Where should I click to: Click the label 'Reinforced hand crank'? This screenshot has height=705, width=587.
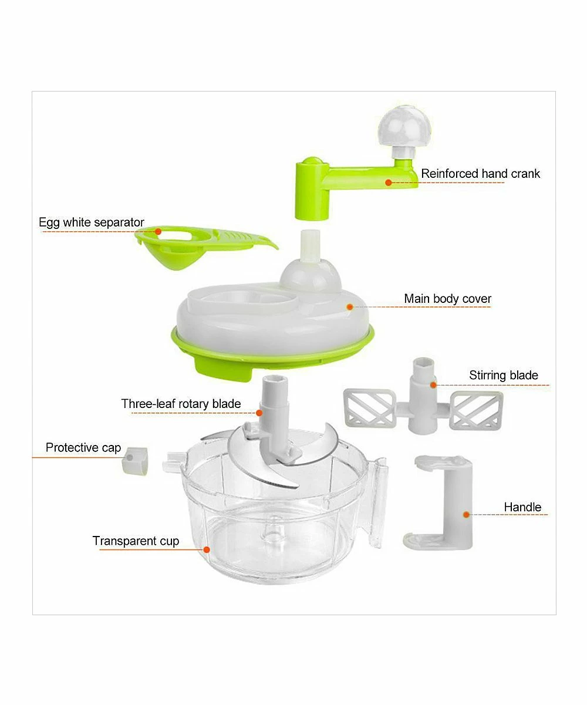click(x=480, y=174)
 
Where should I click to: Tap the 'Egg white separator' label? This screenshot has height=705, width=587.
click(x=91, y=222)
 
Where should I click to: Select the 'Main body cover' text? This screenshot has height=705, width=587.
click(x=447, y=299)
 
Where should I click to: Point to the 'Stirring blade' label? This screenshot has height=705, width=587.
click(x=503, y=376)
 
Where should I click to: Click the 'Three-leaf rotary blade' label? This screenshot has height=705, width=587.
click(x=181, y=404)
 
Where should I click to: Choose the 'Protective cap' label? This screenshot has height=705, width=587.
click(x=83, y=448)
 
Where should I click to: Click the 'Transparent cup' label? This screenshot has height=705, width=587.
click(x=136, y=541)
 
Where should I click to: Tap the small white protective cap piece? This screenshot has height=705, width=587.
click(x=135, y=461)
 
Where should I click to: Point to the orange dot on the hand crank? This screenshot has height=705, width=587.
click(x=389, y=183)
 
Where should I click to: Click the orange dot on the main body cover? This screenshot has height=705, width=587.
click(x=350, y=307)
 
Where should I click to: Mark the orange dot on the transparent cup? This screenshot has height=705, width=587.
click(x=207, y=549)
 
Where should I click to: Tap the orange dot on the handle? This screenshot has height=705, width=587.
click(x=467, y=515)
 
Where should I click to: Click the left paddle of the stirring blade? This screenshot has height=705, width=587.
click(x=369, y=409)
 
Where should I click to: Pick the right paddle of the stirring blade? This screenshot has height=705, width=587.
click(x=476, y=410)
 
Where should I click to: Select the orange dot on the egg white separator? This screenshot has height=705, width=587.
click(x=158, y=232)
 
